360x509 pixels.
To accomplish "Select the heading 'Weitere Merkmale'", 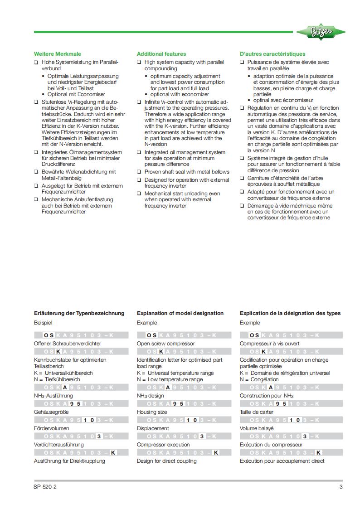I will [x=54, y=54].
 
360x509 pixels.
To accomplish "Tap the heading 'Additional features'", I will [x=161, y=54].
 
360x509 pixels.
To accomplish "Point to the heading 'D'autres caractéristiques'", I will [x=272, y=54].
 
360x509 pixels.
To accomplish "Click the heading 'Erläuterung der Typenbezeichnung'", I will [x=79, y=313].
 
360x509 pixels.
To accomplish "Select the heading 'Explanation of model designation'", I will [x=180, y=313].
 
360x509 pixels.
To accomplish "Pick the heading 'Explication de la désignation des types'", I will [x=290, y=313].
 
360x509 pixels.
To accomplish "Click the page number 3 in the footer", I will [x=341, y=487].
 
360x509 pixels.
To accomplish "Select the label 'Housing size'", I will [x=152, y=412].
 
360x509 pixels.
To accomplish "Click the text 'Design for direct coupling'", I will [x=167, y=461].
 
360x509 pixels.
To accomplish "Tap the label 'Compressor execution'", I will [x=163, y=445].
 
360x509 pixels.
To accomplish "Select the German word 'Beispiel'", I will [x=44, y=323].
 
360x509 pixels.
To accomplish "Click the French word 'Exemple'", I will [x=250, y=323].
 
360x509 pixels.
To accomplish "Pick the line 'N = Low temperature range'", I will [x=170, y=379].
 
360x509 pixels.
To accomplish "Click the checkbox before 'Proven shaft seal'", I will [x=139, y=172].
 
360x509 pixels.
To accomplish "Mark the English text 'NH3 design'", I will [x=151, y=396].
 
